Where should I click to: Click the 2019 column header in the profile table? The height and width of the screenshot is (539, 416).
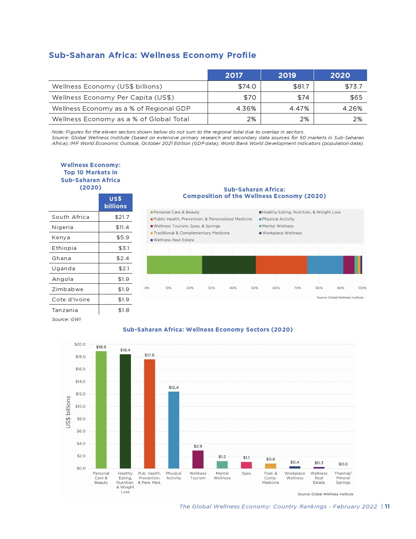(287, 75)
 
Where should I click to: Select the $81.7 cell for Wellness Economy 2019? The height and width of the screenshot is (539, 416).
(301, 86)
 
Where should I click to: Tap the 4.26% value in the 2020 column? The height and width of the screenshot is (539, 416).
(352, 108)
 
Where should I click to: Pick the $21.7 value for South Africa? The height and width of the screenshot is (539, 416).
(122, 217)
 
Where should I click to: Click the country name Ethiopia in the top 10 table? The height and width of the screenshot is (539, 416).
(64, 248)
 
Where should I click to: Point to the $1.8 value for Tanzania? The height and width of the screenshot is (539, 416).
(124, 310)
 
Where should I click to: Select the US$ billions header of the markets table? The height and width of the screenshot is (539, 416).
(115, 203)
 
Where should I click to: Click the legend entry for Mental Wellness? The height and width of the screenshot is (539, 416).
(277, 226)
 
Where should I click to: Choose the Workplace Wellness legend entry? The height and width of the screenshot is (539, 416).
(281, 233)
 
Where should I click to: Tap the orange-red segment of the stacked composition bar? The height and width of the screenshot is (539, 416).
(281, 265)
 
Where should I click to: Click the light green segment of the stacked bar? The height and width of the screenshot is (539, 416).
(174, 265)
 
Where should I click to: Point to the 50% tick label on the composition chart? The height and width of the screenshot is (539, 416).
(254, 288)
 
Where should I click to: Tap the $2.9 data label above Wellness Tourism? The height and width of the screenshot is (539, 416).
(198, 446)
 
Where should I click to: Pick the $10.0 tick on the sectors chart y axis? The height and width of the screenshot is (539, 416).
(80, 406)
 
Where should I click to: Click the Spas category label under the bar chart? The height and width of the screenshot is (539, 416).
(246, 473)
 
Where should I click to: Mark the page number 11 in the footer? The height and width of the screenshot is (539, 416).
(387, 506)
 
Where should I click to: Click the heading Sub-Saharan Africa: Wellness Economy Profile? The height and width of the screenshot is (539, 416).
(152, 55)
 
